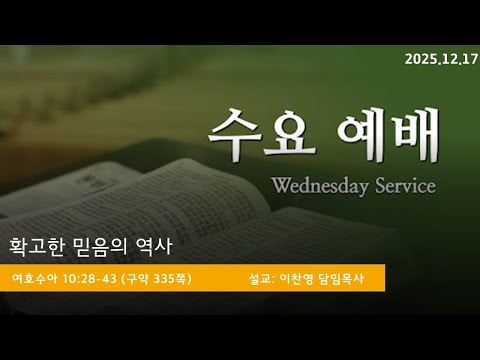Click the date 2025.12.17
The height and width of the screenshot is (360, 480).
click(x=441, y=59)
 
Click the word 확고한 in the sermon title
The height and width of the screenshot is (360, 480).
click(x=36, y=245)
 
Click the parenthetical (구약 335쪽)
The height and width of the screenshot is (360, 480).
click(x=156, y=277)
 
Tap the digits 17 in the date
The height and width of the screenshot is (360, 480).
click(x=469, y=59)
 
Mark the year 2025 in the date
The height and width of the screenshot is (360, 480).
click(x=419, y=59)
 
